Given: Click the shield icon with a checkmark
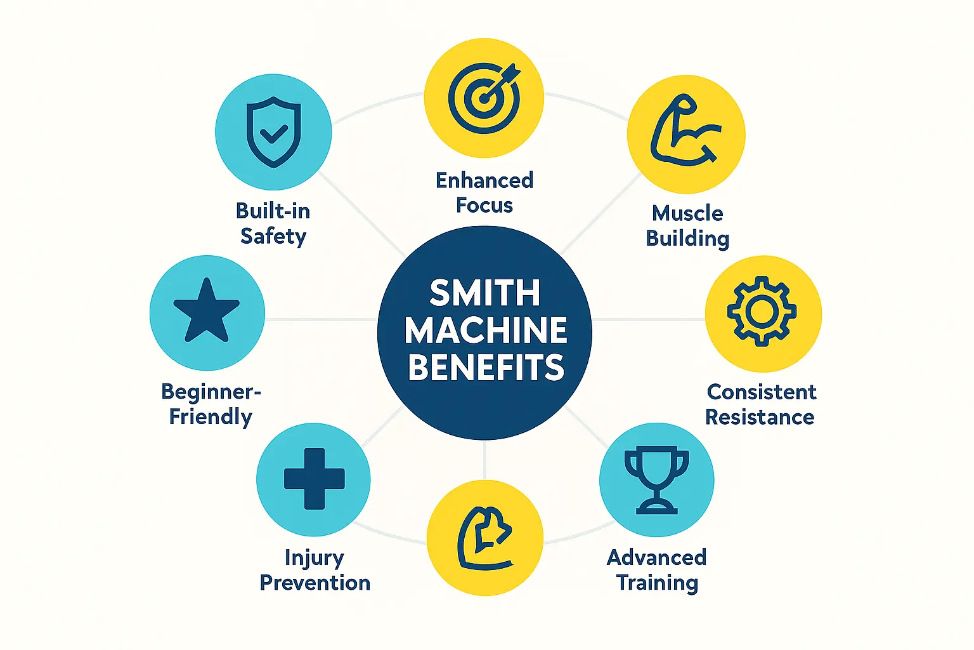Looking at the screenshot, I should pyautogui.click(x=273, y=132).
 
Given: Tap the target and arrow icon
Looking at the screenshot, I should pyautogui.click(x=484, y=98).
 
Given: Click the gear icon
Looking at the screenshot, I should pyautogui.click(x=762, y=311).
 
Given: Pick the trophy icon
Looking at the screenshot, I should pyautogui.click(x=656, y=480).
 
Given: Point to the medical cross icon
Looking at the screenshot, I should pyautogui.click(x=314, y=479).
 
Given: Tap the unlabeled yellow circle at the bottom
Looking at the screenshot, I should pyautogui.click(x=485, y=538).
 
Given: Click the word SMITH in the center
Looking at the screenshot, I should pyautogui.click(x=485, y=293).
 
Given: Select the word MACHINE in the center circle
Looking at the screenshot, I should pyautogui.click(x=486, y=331).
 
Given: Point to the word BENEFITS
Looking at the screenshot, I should pyautogui.click(x=486, y=368).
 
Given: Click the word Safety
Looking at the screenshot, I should pyautogui.click(x=273, y=236).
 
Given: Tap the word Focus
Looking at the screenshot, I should pyautogui.click(x=484, y=205).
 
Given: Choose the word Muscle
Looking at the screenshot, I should pyautogui.click(x=687, y=213).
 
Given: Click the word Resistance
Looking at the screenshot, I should pyautogui.click(x=760, y=417).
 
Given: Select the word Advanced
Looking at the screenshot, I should pyautogui.click(x=656, y=557).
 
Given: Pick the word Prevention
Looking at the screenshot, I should pyautogui.click(x=315, y=583).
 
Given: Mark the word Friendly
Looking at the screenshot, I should pyautogui.click(x=211, y=417).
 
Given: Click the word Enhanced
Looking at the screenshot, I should pyautogui.click(x=484, y=180).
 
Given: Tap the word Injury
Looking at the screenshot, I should pyautogui.click(x=315, y=558).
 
